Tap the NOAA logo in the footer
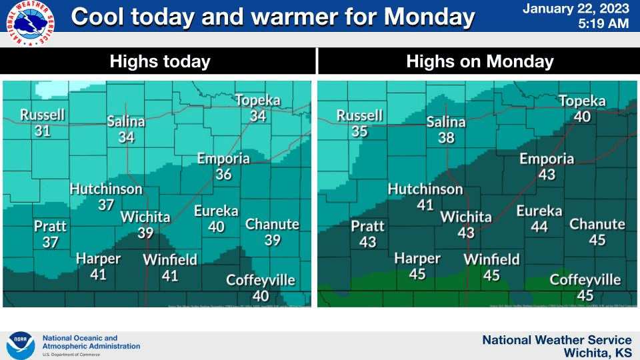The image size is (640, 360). pos(20,345)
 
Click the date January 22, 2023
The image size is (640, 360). pos(575,9)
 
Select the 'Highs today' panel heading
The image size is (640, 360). pos(160,62)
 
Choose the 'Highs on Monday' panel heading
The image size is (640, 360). pos(479,62)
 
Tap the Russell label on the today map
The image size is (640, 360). pos(43,115)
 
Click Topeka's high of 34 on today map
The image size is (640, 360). pos(258,116)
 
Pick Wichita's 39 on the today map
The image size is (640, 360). pos(145,232)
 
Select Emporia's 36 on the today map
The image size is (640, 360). pos(223,174)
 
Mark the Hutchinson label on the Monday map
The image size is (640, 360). pos(425,189)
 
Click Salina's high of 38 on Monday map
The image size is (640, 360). pos(446,137)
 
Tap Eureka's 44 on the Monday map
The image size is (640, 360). pos(539,227)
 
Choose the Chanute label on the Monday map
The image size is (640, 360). pos(597,224)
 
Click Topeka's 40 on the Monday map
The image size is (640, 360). pos(582,117)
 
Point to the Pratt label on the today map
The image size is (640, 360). pos(51,227)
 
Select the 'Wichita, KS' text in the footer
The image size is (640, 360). pos(597,352)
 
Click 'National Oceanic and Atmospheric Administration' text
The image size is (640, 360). pos(91,342)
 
